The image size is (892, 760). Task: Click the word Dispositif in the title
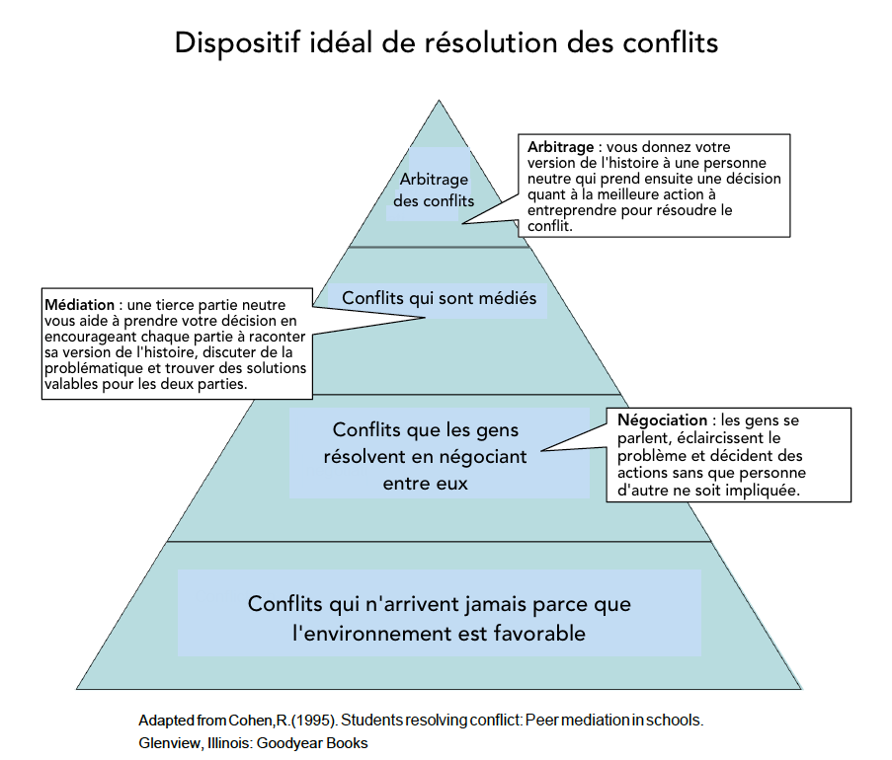tap(237, 42)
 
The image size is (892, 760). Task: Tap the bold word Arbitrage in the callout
tap(560, 147)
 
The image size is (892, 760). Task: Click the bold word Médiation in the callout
tap(80, 305)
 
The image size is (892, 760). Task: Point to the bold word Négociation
tap(662, 420)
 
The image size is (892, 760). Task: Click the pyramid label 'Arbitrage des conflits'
tap(434, 190)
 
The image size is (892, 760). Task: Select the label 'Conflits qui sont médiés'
tap(440, 298)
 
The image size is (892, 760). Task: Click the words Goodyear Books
tap(312, 743)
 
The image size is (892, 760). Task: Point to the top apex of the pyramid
tap(439, 101)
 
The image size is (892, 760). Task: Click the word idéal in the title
tap(341, 42)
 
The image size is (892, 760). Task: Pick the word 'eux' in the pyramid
tap(452, 485)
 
